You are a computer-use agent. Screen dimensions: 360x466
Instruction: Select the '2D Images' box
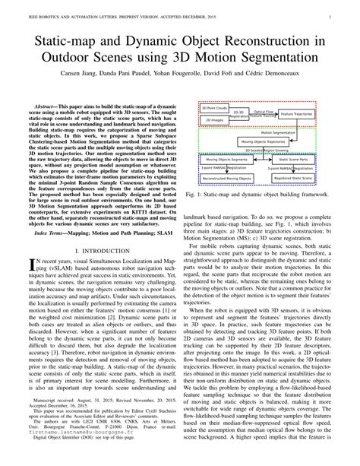coord(215,120)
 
